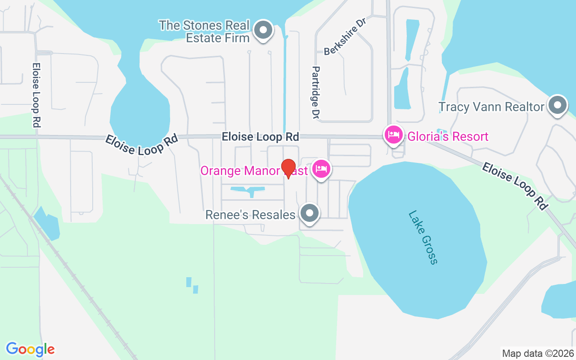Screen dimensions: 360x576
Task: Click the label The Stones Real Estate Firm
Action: pyautogui.click(x=204, y=31)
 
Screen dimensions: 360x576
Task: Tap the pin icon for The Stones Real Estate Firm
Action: pyautogui.click(x=263, y=31)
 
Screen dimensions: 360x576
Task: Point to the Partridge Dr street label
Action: pyautogui.click(x=315, y=93)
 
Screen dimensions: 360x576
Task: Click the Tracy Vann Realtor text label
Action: pyautogui.click(x=491, y=107)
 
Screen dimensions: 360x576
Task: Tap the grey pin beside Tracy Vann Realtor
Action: pyautogui.click(x=558, y=105)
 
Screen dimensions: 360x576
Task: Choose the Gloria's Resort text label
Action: pyautogui.click(x=448, y=136)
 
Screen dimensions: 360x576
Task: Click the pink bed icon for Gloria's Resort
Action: pyautogui.click(x=394, y=135)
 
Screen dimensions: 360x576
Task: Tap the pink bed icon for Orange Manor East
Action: pyautogui.click(x=321, y=169)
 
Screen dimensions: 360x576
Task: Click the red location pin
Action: pyautogui.click(x=288, y=168)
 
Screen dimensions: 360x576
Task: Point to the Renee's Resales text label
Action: pyautogui.click(x=250, y=215)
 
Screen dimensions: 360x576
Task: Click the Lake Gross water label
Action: pyautogui.click(x=423, y=237)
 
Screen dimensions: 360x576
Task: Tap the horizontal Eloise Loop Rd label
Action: pyautogui.click(x=260, y=137)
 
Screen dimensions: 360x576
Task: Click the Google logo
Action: pyautogui.click(x=30, y=349)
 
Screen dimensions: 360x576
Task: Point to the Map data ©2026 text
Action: pyautogui.click(x=538, y=353)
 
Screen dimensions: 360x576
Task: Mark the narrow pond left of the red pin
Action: pyautogui.click(x=249, y=190)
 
